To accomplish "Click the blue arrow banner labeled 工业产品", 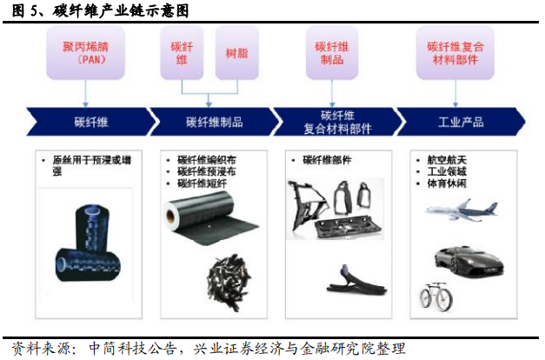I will pyautogui.click(x=461, y=122).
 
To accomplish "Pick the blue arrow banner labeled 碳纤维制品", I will pyautogui.click(x=214, y=122).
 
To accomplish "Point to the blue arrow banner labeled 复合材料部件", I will pyautogui.click(x=336, y=122).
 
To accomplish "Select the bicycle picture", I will pyautogui.click(x=435, y=297).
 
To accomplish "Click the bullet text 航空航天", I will pyautogui.click(x=447, y=160).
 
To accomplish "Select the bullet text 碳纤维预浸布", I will pyautogui.click(x=205, y=171).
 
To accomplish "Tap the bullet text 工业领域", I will pyautogui.click(x=447, y=171).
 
